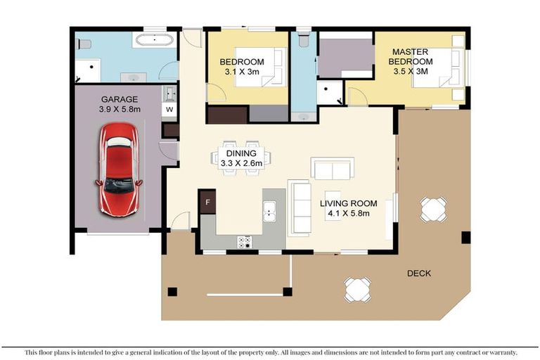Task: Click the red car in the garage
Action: pyautogui.click(x=119, y=168)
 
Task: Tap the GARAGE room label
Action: pyautogui.click(x=119, y=99)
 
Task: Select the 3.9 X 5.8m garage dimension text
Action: pyautogui.click(x=119, y=110)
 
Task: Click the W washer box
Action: pyautogui.click(x=169, y=110)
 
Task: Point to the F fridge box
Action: pyautogui.click(x=207, y=202)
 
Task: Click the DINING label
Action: pyautogui.click(x=240, y=153)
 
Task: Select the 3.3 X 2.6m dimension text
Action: pyautogui.click(x=241, y=163)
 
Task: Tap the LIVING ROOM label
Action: pyautogui.click(x=345, y=203)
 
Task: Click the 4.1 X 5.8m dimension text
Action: pyautogui.click(x=345, y=213)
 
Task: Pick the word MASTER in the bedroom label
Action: pyautogui.click(x=411, y=52)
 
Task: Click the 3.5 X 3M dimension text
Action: pyautogui.click(x=411, y=72)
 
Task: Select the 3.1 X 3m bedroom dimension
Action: pyautogui.click(x=241, y=72)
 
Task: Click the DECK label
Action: pyautogui.click(x=418, y=273)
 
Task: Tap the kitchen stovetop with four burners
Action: pyautogui.click(x=245, y=242)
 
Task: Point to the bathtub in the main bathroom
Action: pyautogui.click(x=154, y=39)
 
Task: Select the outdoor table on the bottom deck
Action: pyautogui.click(x=357, y=288)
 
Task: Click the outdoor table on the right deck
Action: pyautogui.click(x=433, y=209)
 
